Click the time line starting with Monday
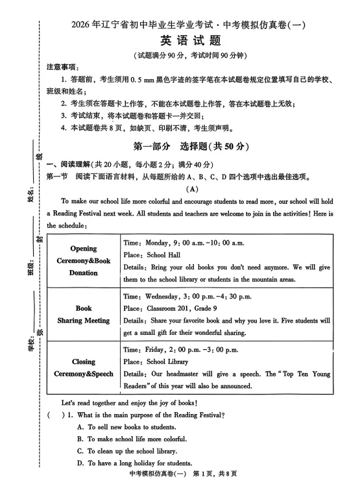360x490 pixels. coord(184,243)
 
